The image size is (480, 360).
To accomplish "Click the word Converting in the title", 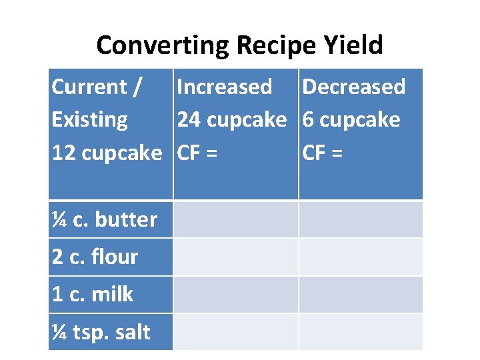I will coord(162,45).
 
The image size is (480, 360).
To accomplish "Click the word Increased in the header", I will coord(224,87).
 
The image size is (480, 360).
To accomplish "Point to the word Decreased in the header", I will coord(353,87).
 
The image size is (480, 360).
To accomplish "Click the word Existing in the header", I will coord(89,120).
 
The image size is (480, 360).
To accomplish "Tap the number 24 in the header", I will coord(189,120).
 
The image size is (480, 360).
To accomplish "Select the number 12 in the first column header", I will coord(63,153).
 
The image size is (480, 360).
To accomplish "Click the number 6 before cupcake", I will coord(308,120).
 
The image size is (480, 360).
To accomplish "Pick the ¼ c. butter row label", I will coord(104,219).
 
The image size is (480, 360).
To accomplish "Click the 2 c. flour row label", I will coord(95,257).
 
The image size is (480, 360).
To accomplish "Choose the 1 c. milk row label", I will coord(92,294).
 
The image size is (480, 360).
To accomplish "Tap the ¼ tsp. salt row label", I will coord(101,332).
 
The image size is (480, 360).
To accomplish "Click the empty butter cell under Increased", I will coord(235,219).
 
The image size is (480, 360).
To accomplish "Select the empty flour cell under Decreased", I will coord(360,257).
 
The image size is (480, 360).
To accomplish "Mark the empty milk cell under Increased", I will coord(235,294).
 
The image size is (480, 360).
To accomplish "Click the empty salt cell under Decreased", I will coord(360,332).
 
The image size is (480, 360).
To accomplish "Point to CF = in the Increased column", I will coord(197,153).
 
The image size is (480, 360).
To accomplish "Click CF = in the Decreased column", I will coord(323,153).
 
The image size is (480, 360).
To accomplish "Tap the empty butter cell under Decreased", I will coord(360,219).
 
